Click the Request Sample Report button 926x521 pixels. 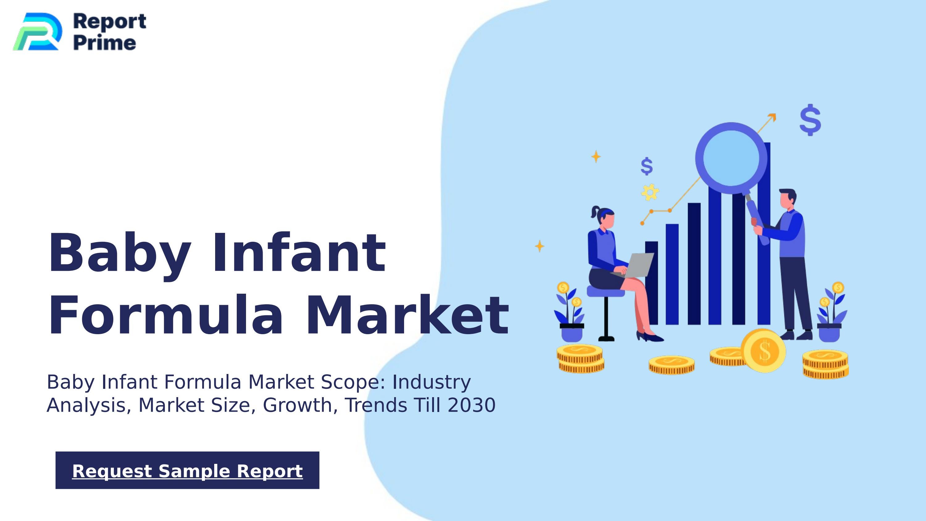tap(187, 470)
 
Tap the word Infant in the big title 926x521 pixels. tap(299, 252)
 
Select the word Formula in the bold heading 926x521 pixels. tap(166, 315)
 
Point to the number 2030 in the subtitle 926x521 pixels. tap(472, 405)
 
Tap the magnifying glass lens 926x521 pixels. tap(731, 158)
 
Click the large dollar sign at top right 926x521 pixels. tap(810, 120)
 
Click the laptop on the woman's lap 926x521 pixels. tap(638, 265)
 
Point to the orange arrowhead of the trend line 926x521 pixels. tap(772, 117)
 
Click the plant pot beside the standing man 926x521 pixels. tap(829, 333)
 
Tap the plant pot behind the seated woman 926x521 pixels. tap(572, 333)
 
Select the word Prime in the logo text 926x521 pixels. tap(105, 43)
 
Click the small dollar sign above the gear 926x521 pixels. tap(646, 166)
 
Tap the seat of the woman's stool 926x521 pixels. tap(605, 292)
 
